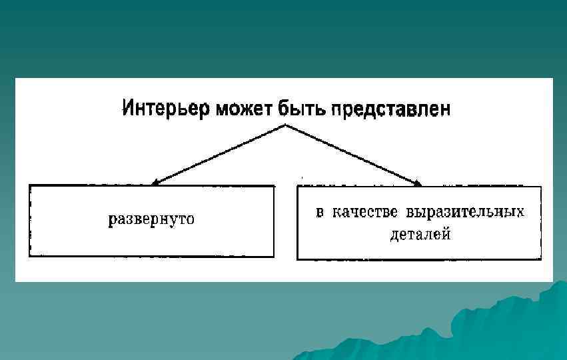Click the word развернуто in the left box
tap(152, 219)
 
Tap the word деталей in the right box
tap(420, 235)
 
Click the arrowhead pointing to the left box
tap(155, 181)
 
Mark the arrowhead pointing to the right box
tap(418, 183)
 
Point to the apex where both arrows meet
tap(286, 125)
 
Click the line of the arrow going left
tap(220, 153)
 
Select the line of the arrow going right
tap(353, 155)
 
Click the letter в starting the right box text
tap(320, 213)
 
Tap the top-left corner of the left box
tap(29, 186)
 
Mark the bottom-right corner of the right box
tap(540, 259)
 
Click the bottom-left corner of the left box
tap(29, 256)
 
